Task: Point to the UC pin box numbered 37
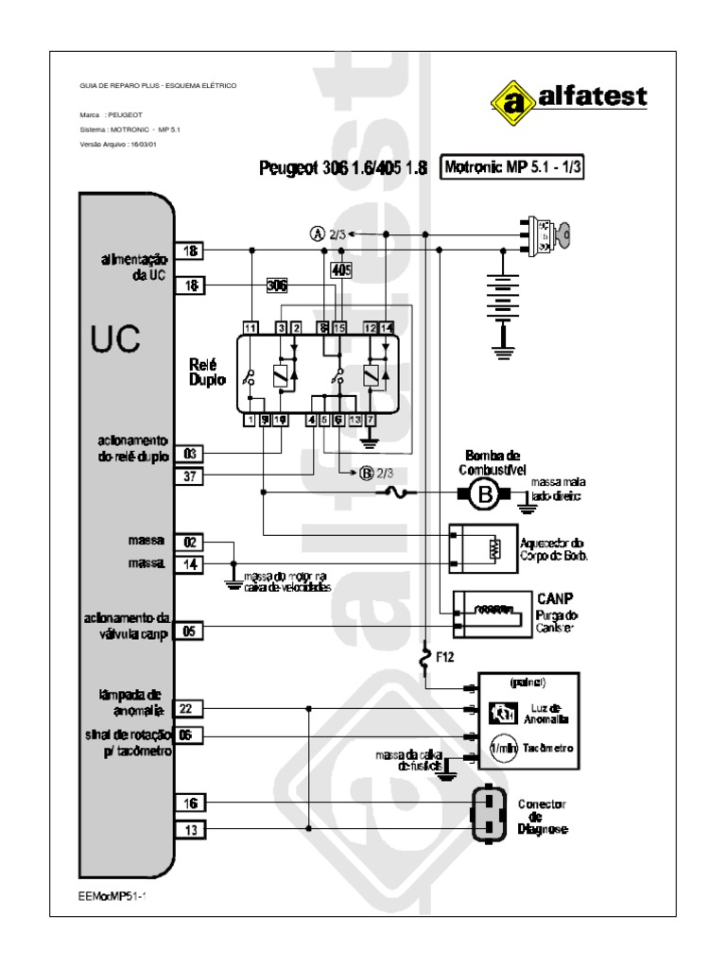(189, 476)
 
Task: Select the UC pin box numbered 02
(189, 543)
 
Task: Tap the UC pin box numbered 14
(189, 565)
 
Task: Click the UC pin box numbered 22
(189, 708)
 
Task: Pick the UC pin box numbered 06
(189, 736)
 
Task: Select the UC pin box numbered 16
(189, 803)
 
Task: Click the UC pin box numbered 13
(189, 830)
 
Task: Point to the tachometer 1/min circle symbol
(500, 749)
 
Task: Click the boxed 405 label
(341, 269)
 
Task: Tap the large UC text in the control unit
(116, 338)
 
